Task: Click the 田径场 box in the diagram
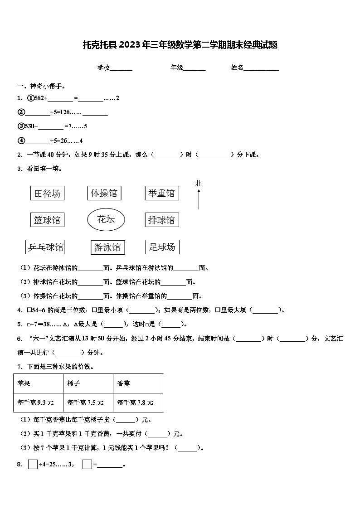47,194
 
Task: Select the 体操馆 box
104,193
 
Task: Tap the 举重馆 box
161,193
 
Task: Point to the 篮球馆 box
47,220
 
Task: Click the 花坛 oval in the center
106,219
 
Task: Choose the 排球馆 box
161,220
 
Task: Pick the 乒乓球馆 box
45,247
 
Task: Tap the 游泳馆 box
107,247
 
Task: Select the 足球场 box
162,247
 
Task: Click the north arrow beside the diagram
199,199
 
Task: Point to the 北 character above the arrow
198,183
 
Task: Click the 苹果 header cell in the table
38,383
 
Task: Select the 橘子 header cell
88,383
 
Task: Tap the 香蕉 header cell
138,383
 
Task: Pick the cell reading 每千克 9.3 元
38,402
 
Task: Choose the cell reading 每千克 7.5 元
88,402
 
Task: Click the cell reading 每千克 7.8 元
138,402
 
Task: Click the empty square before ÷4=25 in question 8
33,464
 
